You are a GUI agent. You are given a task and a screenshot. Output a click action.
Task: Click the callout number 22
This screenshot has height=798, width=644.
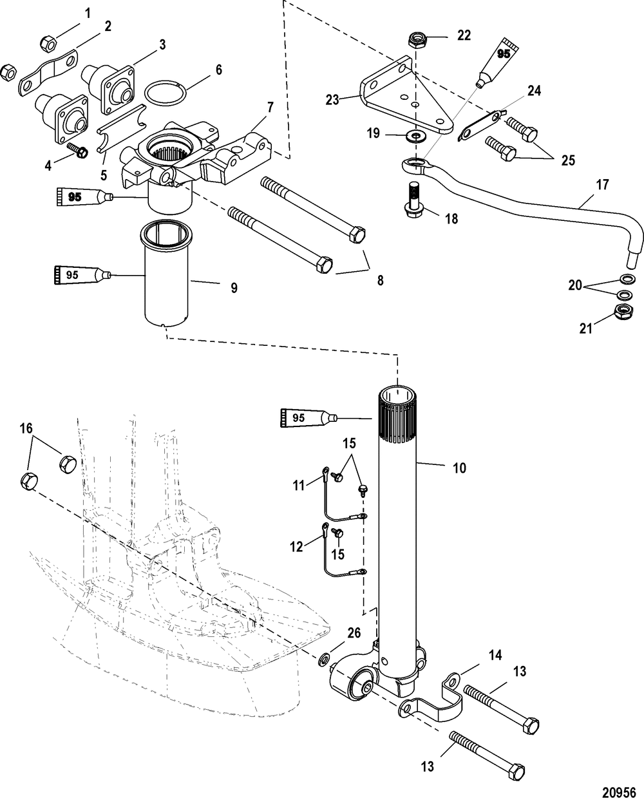[x=464, y=35]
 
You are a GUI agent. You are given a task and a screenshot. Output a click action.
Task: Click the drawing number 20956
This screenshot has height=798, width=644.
[x=619, y=782]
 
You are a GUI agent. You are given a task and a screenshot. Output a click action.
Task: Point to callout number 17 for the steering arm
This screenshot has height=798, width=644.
[x=603, y=185]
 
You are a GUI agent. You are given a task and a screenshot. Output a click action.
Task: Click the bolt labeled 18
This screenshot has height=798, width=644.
[x=413, y=198]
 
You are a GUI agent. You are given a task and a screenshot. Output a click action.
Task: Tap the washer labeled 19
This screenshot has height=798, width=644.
[x=413, y=135]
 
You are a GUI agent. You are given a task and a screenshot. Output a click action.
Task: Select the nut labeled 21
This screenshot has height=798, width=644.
[x=623, y=312]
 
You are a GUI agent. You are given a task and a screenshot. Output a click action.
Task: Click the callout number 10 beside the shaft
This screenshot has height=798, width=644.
[x=459, y=468]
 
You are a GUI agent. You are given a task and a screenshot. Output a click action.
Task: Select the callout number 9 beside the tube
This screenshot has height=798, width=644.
[x=234, y=288]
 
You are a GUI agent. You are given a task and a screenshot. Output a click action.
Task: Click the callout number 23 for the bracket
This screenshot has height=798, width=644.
[x=332, y=100]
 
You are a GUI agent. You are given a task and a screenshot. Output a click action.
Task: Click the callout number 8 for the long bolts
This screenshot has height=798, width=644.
[x=380, y=280]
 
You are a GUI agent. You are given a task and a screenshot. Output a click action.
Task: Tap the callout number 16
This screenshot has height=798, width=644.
[x=26, y=428]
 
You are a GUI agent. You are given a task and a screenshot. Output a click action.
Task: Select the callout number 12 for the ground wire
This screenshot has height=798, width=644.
[x=296, y=547]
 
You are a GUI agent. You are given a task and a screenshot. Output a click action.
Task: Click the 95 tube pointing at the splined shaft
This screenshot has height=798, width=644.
[x=308, y=418]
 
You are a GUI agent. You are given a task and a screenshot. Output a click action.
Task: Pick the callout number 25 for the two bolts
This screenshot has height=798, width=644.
[x=568, y=160]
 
